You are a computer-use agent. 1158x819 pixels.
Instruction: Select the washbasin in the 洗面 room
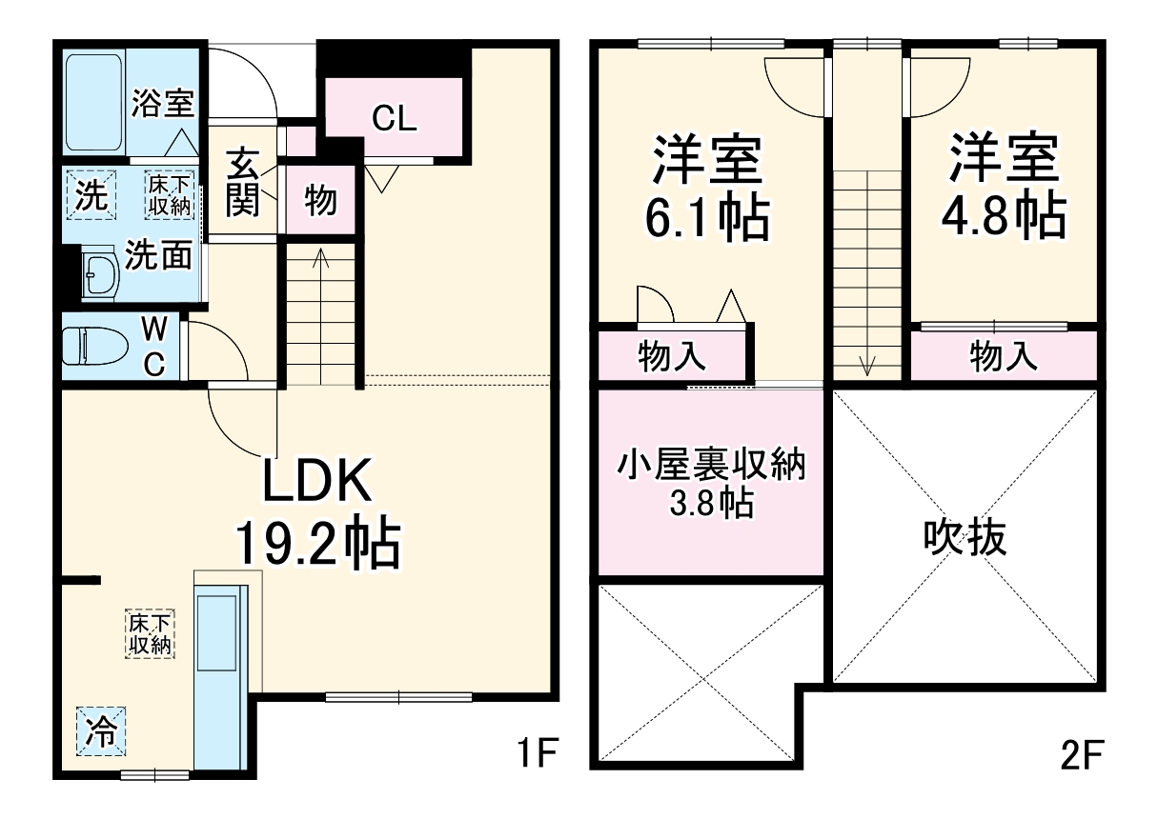[100, 275]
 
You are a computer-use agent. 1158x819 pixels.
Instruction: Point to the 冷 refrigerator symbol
[101, 732]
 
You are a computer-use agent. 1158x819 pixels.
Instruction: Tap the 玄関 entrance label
[244, 182]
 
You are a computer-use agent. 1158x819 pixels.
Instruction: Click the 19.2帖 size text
[318, 544]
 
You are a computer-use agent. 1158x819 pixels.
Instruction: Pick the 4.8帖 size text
[1003, 218]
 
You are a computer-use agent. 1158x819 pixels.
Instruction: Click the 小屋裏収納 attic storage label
[711, 467]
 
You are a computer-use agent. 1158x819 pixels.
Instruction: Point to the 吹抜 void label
[964, 539]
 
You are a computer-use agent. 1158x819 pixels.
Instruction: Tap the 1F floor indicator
[538, 754]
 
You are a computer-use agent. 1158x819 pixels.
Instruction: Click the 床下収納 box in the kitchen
[151, 634]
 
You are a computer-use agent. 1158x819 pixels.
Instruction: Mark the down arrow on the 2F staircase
[867, 364]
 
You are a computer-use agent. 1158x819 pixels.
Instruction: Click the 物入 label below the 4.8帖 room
[1003, 357]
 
